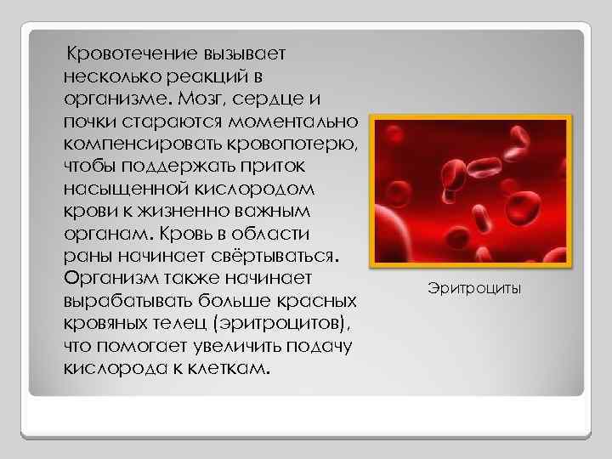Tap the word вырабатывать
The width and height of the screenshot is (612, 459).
click(x=128, y=301)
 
